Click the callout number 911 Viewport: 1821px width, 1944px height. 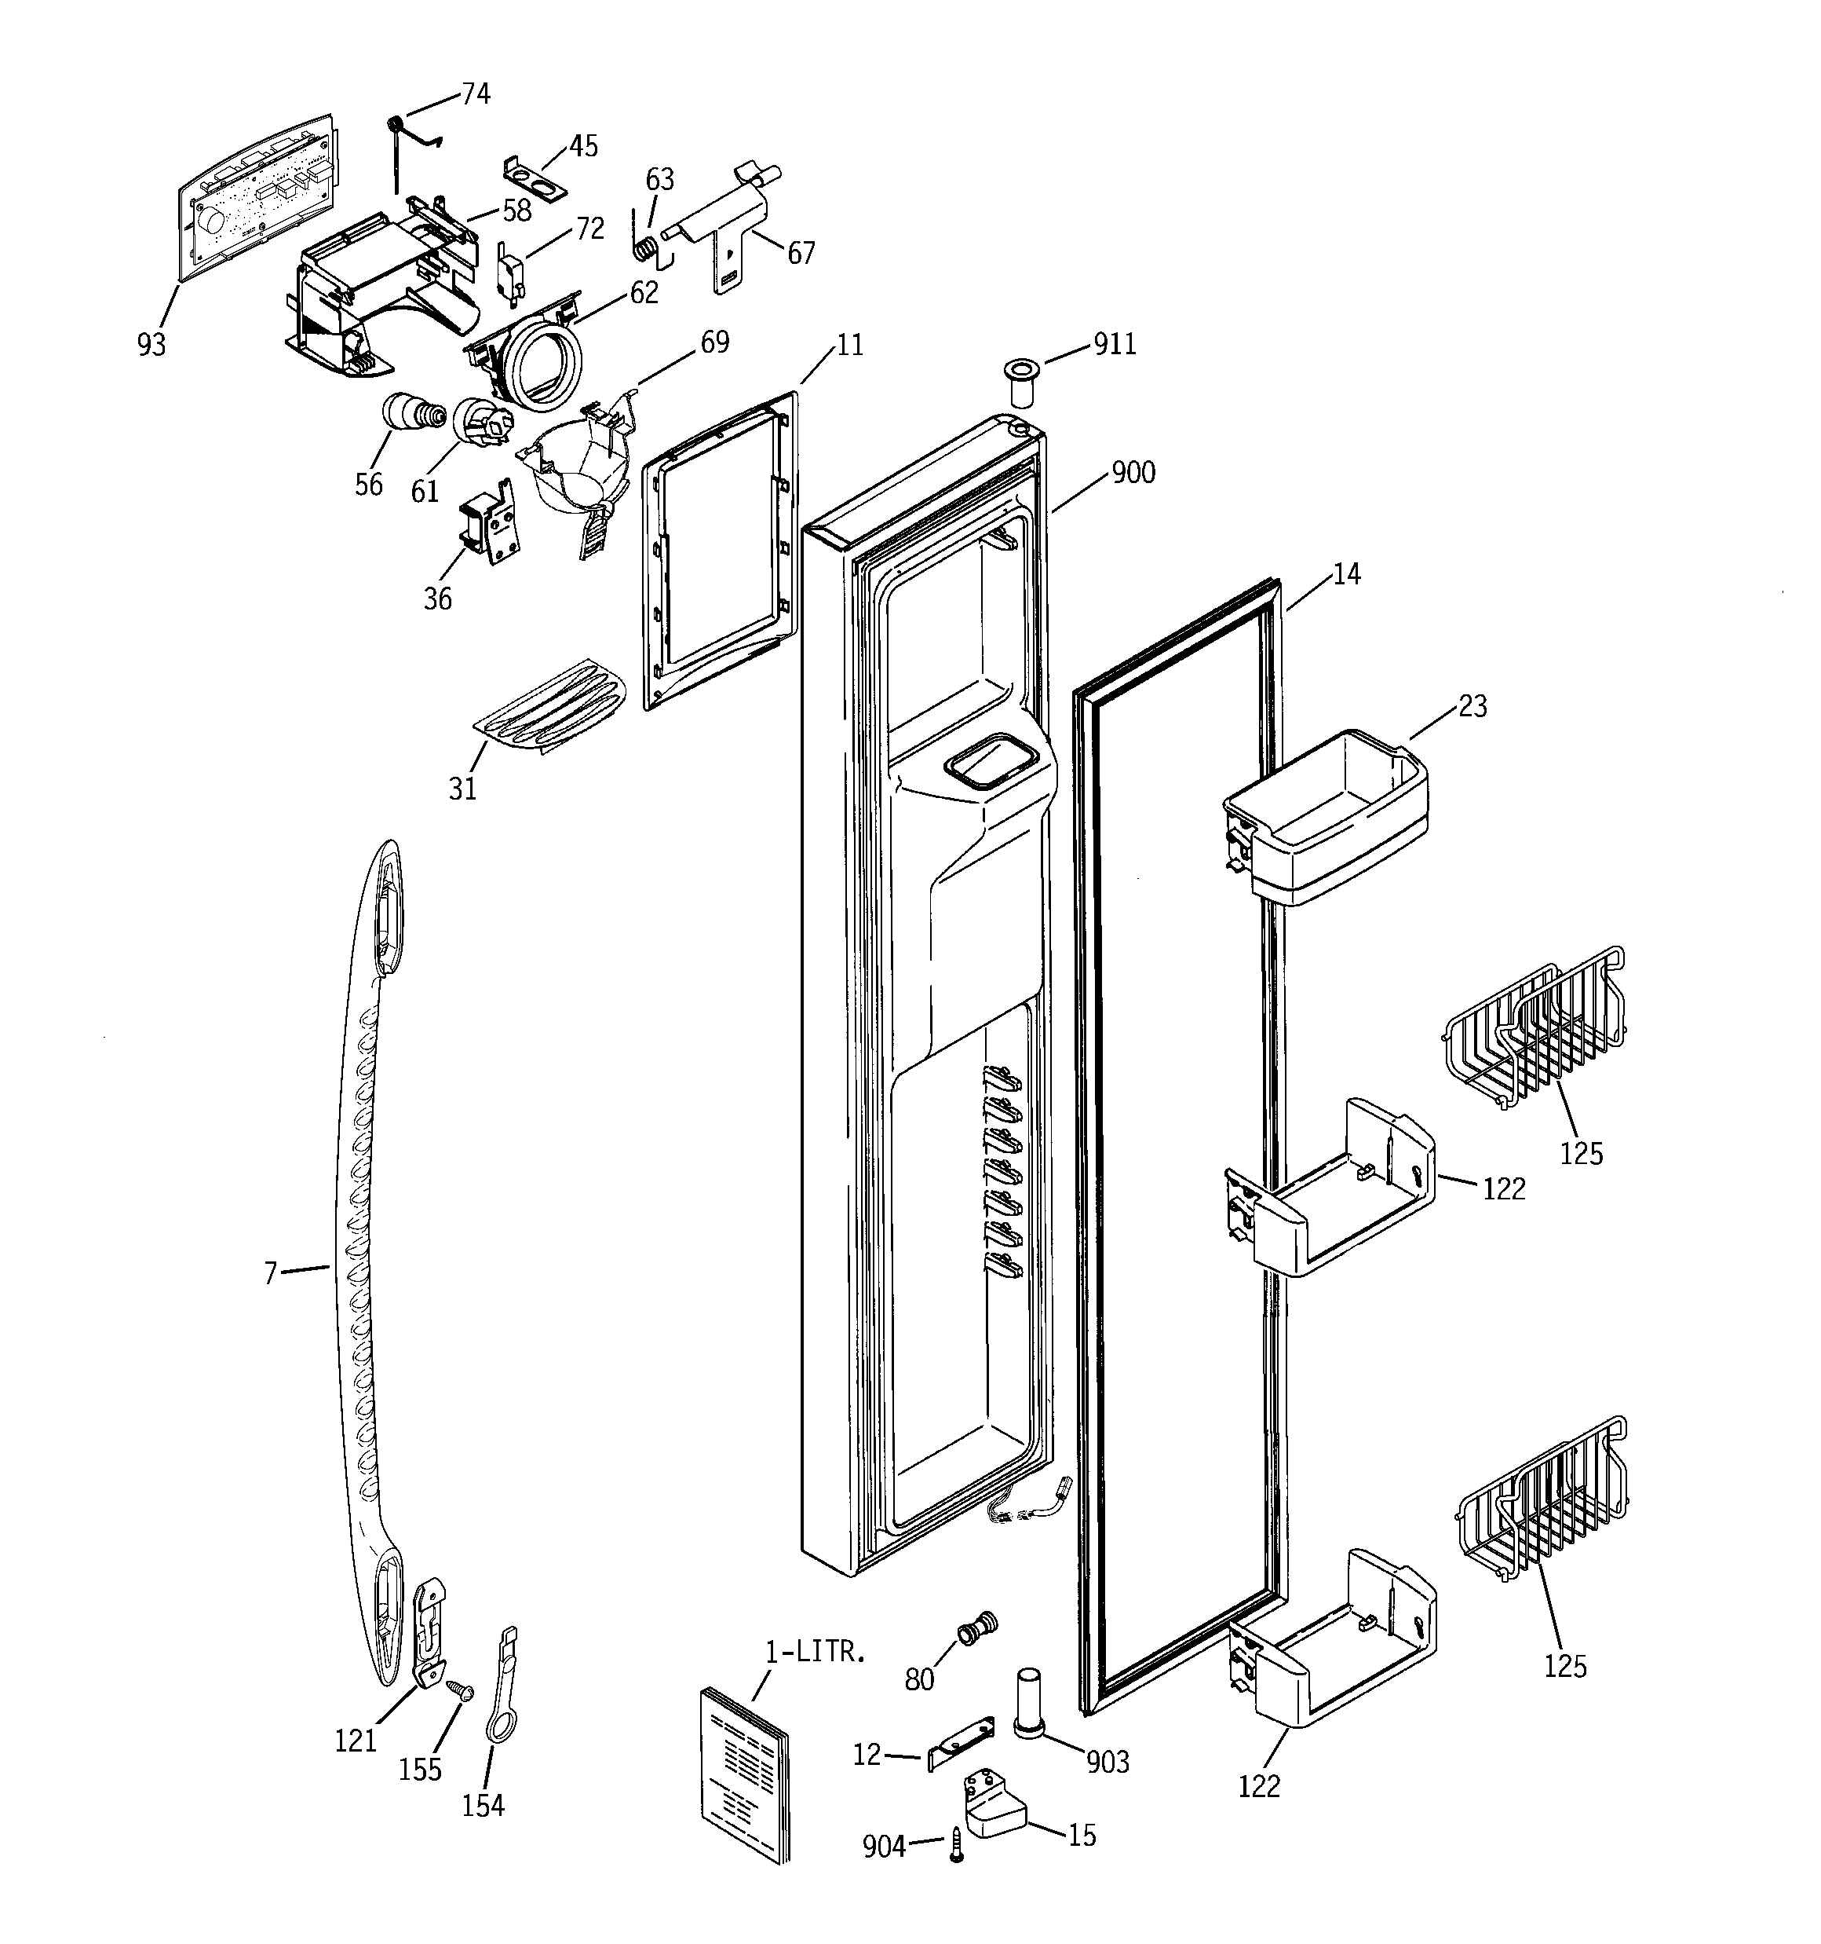point(1115,344)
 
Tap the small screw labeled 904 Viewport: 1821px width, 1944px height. point(957,1844)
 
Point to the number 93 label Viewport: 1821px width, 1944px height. point(151,344)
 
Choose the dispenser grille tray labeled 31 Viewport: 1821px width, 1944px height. point(551,703)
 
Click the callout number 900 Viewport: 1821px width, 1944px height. point(1133,474)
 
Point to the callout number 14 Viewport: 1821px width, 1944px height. point(1346,574)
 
